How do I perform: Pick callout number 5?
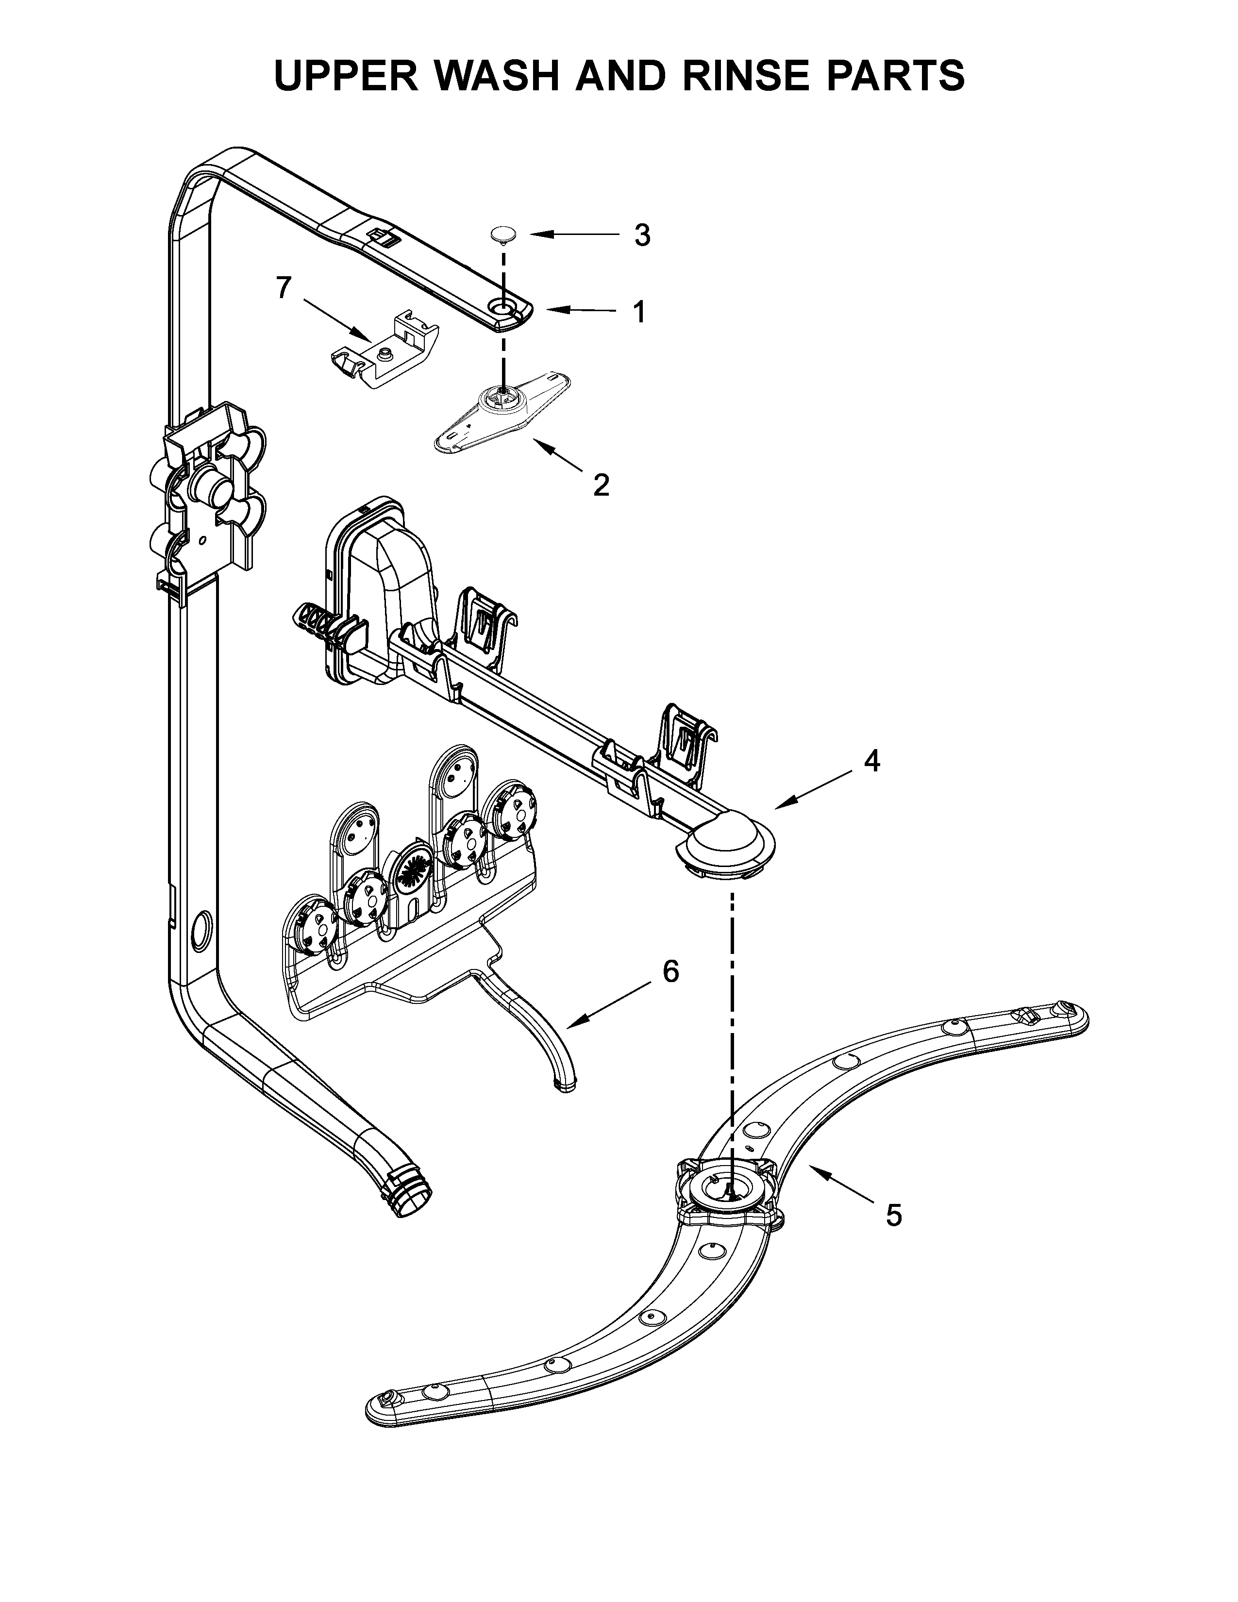pyautogui.click(x=892, y=1216)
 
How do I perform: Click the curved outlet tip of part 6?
pyautogui.click(x=566, y=1086)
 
